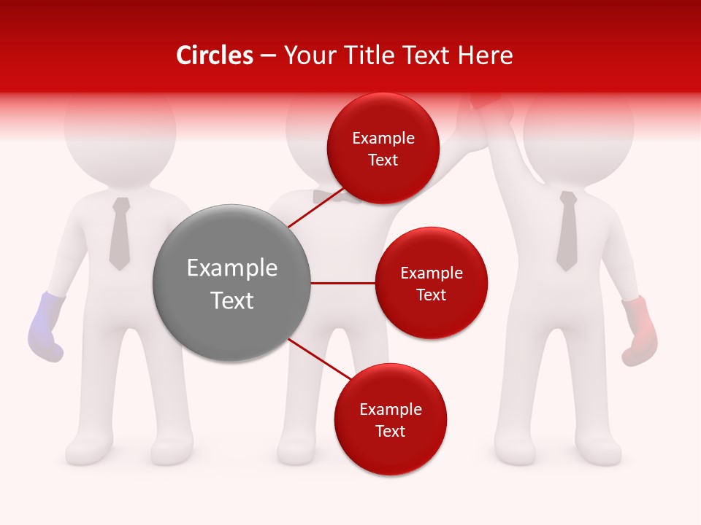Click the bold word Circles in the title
[214, 55]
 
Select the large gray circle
[232, 283]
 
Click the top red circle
[383, 148]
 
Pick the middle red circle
[431, 283]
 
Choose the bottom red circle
[390, 419]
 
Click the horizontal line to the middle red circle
[343, 283]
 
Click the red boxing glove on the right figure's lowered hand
[639, 332]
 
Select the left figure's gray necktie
[120, 233]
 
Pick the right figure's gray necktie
[567, 230]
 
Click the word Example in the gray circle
[232, 268]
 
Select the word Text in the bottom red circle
[390, 431]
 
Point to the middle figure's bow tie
[329, 195]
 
